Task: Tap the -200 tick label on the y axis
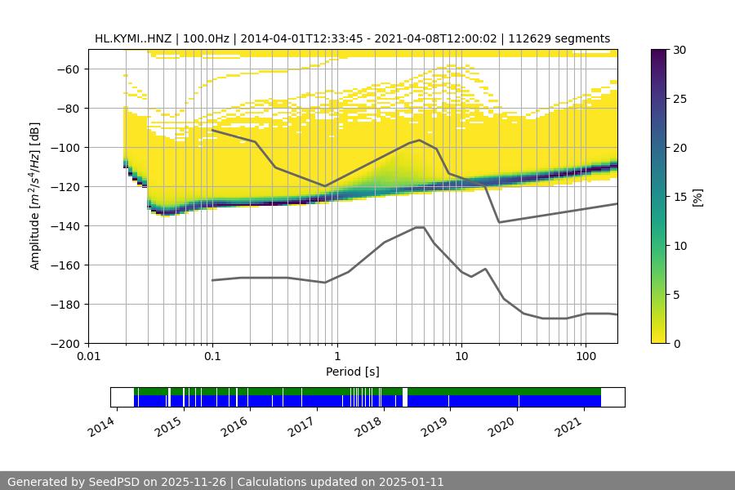point(68,343)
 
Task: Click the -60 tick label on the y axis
point(71,69)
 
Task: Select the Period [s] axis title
point(353,372)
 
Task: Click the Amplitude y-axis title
point(35,196)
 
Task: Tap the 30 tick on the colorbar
point(679,50)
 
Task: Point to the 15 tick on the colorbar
point(679,197)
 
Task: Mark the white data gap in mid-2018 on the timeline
point(405,397)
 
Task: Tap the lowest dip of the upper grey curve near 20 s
point(499,222)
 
